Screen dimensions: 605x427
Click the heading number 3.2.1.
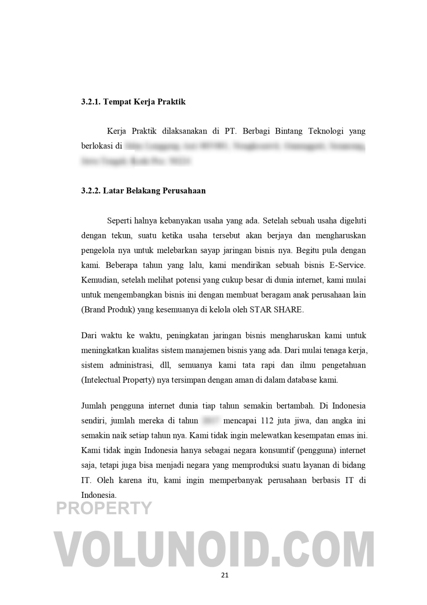coord(91,102)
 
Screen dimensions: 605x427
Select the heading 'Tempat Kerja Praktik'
coord(144,102)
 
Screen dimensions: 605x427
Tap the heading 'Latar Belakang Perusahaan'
coord(154,191)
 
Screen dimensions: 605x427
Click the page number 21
coord(225,575)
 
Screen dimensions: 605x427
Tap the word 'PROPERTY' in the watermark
coord(104,508)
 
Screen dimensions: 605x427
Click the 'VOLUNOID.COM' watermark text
coord(213,549)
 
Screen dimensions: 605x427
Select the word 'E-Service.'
coord(347,265)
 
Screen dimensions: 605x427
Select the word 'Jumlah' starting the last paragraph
coord(94,406)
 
